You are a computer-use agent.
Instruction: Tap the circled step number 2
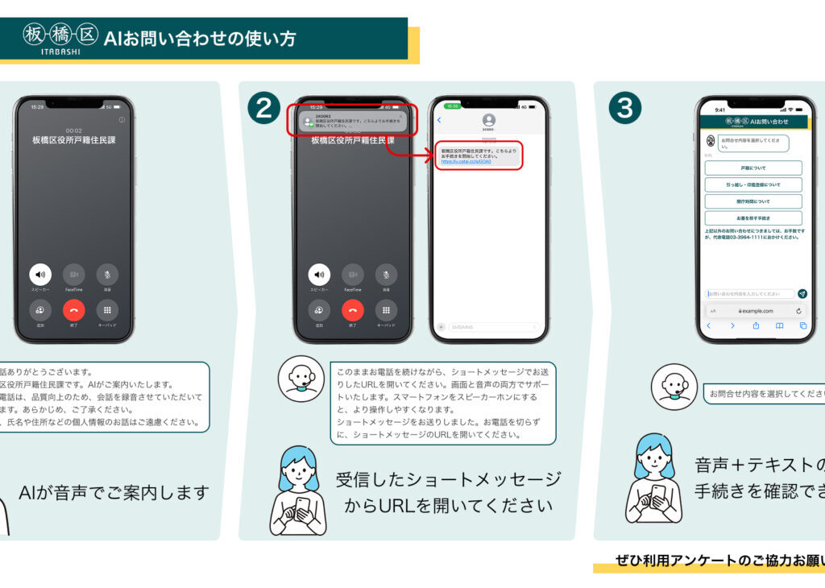263,108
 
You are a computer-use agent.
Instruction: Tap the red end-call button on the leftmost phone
73,310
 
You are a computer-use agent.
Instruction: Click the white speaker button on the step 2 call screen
319,275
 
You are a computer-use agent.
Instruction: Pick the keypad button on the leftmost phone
107,310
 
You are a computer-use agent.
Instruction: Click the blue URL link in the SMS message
466,161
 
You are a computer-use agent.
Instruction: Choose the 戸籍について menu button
752,168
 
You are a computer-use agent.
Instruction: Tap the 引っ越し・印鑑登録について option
752,184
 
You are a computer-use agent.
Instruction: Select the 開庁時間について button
752,201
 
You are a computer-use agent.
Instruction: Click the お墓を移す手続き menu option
752,218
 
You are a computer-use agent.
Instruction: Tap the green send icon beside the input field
802,294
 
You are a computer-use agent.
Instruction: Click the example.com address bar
754,310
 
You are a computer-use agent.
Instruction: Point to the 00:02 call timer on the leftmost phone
73,130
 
